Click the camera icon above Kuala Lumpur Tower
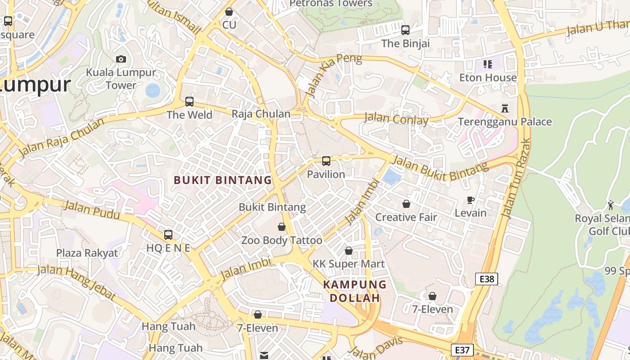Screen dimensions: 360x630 [x=121, y=59]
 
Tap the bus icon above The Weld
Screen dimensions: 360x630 [x=189, y=101]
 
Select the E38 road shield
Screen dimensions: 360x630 [x=486, y=279]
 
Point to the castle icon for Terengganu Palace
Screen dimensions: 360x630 [x=504, y=108]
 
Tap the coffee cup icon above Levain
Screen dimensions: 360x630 [x=470, y=200]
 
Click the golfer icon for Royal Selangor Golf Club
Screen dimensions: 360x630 [x=611, y=205]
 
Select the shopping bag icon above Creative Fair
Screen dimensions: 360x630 [x=406, y=204]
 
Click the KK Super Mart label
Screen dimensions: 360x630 [x=349, y=264]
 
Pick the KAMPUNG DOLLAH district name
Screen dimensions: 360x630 [x=355, y=291]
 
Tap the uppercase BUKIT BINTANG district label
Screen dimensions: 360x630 [x=223, y=180]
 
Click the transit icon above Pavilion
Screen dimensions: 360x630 [x=326, y=161]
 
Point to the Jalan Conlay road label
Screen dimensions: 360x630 [x=396, y=119]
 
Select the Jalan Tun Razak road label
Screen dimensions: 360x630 [x=516, y=179]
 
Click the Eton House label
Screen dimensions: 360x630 [x=488, y=77]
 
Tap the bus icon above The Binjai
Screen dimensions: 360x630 [x=405, y=30]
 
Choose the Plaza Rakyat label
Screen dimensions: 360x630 [x=87, y=253]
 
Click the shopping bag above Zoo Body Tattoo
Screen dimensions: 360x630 [x=282, y=227]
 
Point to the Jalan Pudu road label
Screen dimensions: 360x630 [x=92, y=211]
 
